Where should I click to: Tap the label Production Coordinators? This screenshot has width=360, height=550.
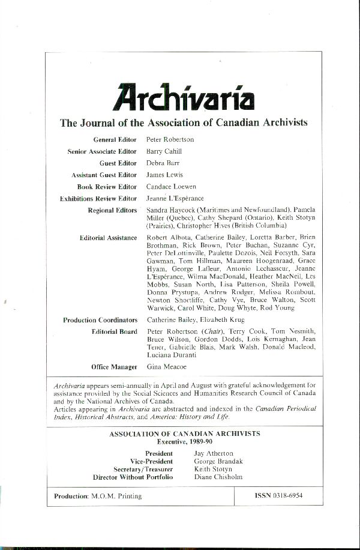pos(100,320)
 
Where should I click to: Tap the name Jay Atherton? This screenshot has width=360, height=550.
pos(214,453)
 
